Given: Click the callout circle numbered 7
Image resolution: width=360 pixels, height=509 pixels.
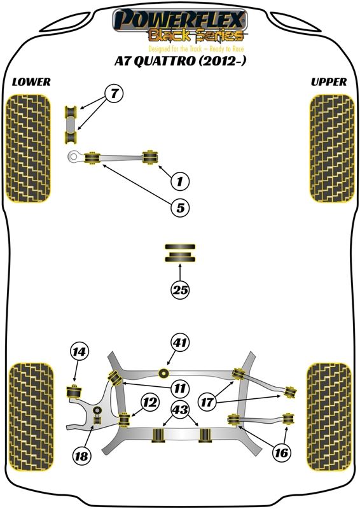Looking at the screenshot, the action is click(x=114, y=94).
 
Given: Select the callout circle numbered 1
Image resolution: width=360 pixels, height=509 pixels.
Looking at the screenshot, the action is click(x=180, y=181).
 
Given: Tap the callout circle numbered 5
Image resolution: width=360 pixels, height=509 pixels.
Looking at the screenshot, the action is click(x=180, y=207).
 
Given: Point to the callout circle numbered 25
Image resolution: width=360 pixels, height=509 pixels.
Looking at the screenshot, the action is click(x=181, y=289).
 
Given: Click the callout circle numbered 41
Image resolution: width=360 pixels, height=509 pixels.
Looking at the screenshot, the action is click(x=180, y=342).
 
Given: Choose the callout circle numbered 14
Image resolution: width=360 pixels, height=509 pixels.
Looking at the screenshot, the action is click(x=79, y=352).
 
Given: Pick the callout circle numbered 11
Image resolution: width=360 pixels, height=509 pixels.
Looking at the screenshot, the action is click(x=180, y=388).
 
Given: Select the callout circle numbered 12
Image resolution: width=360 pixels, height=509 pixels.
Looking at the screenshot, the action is click(x=150, y=403).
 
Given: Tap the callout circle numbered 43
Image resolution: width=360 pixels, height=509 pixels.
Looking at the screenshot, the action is click(x=180, y=410).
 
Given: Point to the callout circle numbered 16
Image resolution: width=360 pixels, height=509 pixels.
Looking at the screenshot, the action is click(x=281, y=452).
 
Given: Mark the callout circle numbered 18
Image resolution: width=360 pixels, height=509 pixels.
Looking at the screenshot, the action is click(x=81, y=456).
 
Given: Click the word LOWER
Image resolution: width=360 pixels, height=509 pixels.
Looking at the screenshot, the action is click(x=31, y=82).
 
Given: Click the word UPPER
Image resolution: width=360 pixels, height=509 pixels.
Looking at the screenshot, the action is click(x=329, y=82).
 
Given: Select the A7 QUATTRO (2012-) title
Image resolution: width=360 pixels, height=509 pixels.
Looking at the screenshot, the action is click(x=180, y=61).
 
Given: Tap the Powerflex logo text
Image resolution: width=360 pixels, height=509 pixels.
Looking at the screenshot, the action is click(x=180, y=20).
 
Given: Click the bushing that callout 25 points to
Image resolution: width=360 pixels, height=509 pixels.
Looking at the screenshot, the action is click(x=180, y=253).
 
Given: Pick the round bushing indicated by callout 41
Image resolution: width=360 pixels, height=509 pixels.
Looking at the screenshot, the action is click(x=164, y=373).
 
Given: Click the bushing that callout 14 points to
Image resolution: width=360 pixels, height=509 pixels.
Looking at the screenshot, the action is click(x=74, y=391).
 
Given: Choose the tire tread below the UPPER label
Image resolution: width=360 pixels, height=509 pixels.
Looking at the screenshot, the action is click(x=332, y=149).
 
